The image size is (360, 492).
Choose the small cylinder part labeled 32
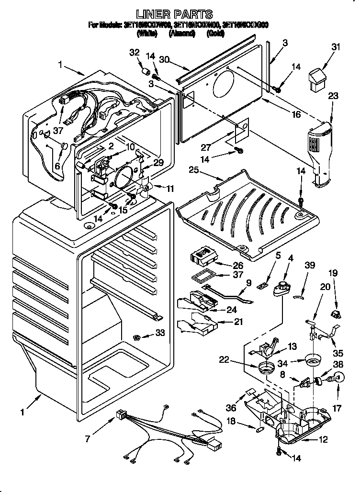coord(144,72)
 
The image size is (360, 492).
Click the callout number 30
coord(165,60)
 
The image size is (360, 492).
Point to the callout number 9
coord(249,283)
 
